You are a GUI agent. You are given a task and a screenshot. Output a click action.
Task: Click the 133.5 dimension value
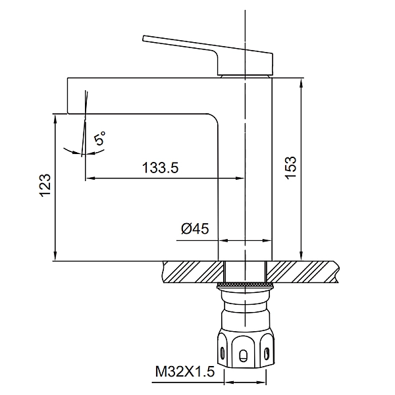tap(161, 167)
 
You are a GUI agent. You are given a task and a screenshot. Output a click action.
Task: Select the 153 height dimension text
tap(291, 168)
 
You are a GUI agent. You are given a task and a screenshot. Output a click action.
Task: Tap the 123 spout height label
tap(45, 185)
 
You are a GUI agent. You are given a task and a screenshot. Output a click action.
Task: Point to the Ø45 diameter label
tap(196, 228)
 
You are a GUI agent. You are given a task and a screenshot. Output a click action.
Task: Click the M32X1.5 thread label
tap(185, 371)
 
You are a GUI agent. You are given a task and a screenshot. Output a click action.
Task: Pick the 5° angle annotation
tap(99, 138)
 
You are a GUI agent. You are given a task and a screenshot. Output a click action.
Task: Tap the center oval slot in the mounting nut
tap(243, 355)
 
